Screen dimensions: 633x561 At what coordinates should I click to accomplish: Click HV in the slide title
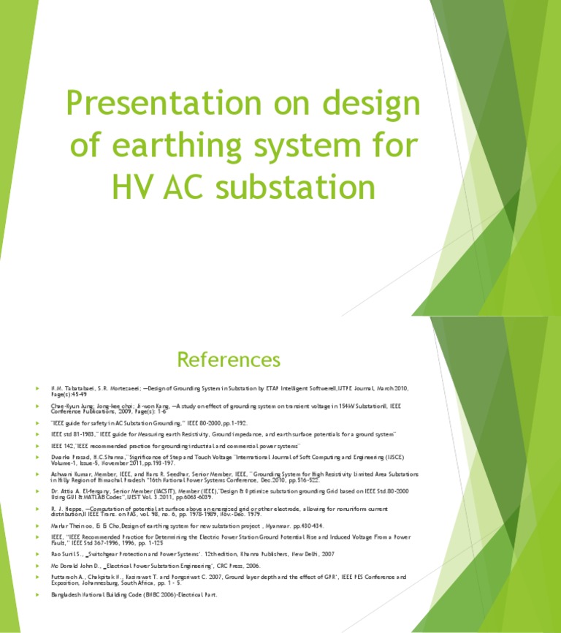tap(132, 186)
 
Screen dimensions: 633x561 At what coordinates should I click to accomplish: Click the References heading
tap(229, 360)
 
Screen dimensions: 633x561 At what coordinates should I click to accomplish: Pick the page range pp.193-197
tap(156, 463)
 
